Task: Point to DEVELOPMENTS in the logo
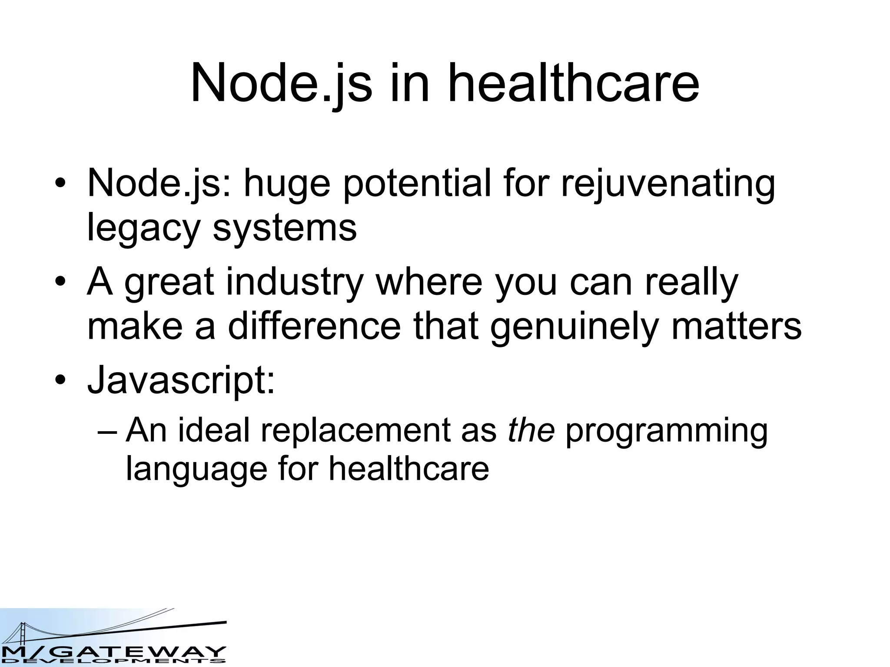pos(113,662)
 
